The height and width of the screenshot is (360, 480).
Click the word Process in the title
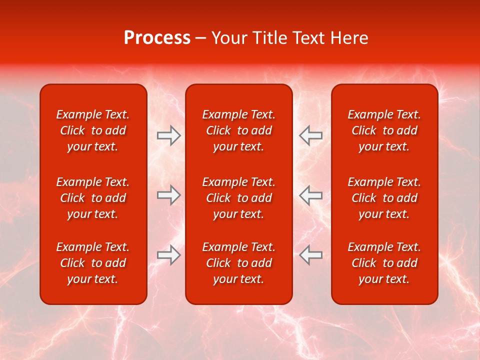click(x=157, y=38)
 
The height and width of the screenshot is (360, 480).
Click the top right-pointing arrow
click(x=168, y=135)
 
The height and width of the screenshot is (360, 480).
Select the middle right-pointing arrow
click(x=168, y=195)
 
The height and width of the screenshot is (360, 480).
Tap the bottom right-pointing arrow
click(x=168, y=255)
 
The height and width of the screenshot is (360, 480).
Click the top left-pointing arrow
click(x=311, y=135)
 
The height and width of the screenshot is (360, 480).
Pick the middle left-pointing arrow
click(x=311, y=195)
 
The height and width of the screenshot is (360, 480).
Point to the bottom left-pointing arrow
click(x=311, y=255)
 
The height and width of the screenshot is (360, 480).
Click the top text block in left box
click(x=93, y=130)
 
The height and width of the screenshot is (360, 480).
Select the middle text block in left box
click(x=93, y=198)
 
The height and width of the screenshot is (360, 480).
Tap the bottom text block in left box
click(x=93, y=263)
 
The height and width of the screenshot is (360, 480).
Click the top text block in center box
click(x=239, y=130)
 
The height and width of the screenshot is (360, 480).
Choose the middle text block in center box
click(x=239, y=198)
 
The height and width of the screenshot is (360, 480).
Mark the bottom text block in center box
click(x=239, y=263)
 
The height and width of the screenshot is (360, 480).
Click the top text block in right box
click(x=384, y=130)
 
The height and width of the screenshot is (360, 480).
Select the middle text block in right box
click(x=384, y=198)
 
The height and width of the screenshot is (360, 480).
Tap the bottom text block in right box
click(x=384, y=263)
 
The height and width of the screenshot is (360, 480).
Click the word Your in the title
click(x=228, y=38)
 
